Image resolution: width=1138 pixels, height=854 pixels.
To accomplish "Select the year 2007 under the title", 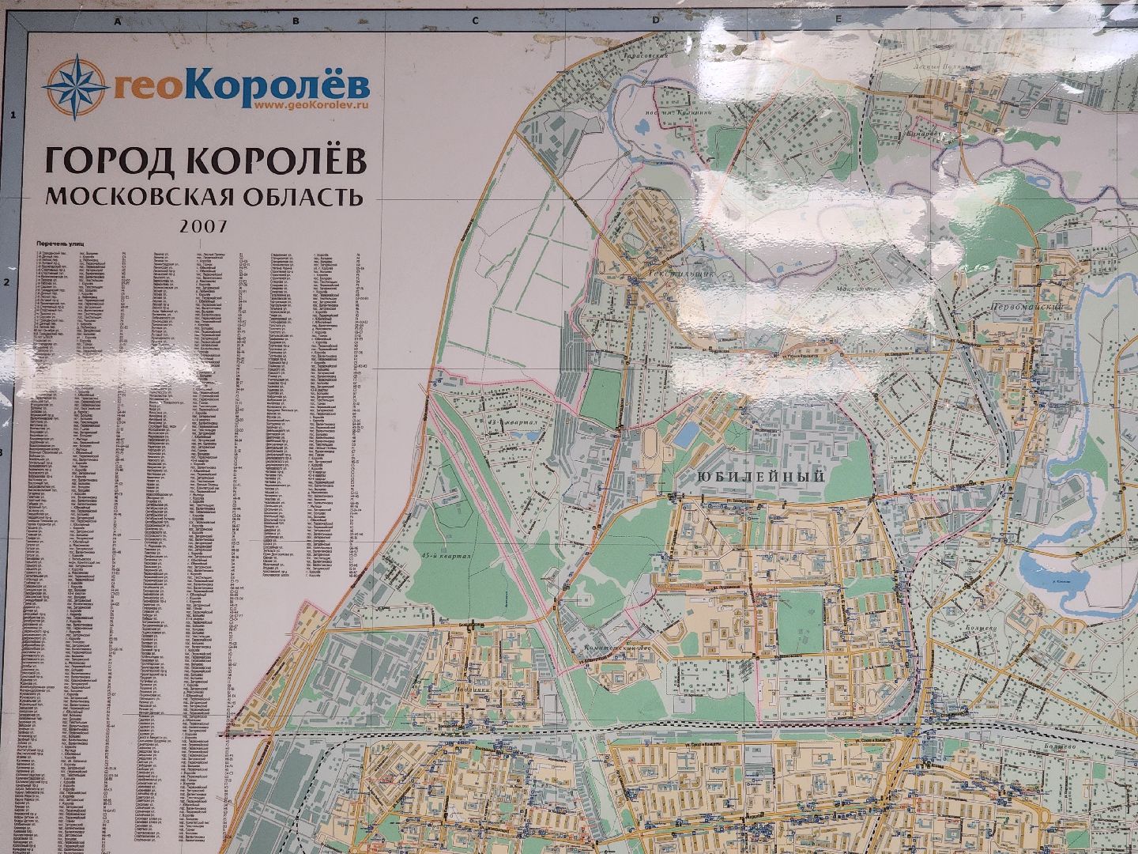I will click(203, 225).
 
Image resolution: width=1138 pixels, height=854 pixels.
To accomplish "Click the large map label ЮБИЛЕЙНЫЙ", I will click(761, 476).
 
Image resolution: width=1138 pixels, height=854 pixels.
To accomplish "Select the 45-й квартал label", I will click(447, 556).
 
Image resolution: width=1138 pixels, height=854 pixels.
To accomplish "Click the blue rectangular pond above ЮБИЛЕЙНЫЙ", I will click(689, 432).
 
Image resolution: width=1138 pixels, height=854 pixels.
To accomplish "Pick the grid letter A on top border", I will click(117, 21).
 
